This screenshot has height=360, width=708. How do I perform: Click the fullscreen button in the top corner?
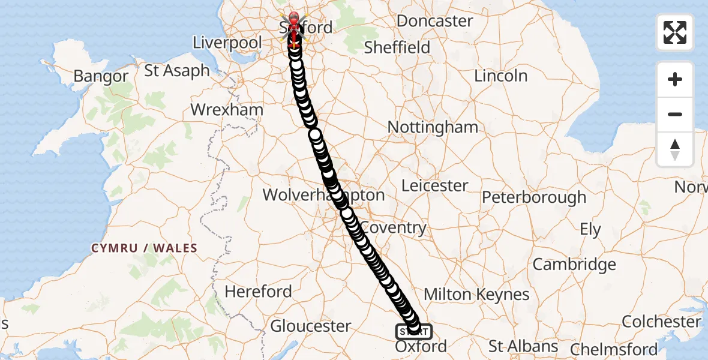(675, 32)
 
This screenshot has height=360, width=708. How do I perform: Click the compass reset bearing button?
(675, 149)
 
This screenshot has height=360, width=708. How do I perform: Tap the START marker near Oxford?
(413, 331)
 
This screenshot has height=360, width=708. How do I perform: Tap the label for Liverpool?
(227, 43)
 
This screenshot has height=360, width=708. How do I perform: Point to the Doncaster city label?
(435, 21)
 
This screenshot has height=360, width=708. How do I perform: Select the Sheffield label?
(397, 47)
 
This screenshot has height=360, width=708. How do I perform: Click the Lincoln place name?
(501, 76)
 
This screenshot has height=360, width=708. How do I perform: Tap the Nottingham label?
(433, 127)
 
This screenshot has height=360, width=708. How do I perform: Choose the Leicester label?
(435, 186)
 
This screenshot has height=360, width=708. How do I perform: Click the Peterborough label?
(534, 197)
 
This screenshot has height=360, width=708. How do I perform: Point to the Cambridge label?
(574, 265)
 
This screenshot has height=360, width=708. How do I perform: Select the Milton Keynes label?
(476, 295)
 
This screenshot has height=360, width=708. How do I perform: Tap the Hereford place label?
(258, 292)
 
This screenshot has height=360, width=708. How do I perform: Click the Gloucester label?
(311, 326)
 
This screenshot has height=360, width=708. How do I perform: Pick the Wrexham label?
(227, 110)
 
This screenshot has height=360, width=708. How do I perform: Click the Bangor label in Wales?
(101, 77)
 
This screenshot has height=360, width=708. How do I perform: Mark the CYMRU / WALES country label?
(144, 248)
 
